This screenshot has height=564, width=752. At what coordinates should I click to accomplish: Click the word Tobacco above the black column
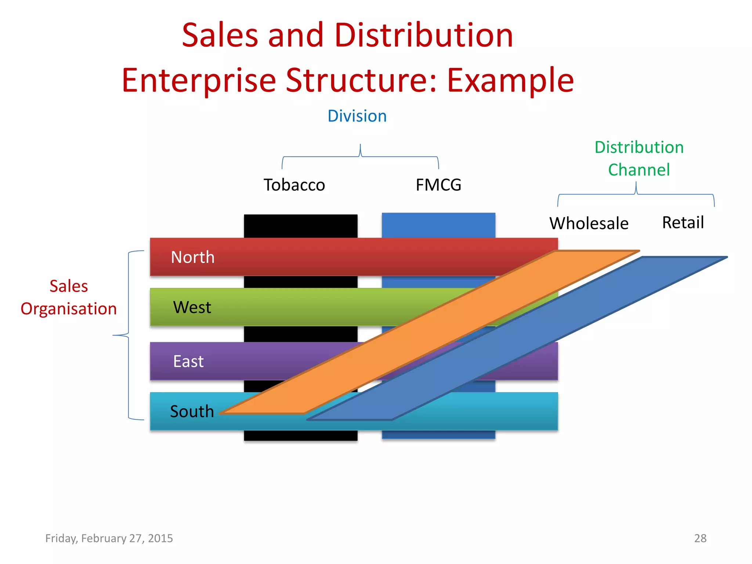(294, 185)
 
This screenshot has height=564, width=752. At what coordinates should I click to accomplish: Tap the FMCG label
(438, 185)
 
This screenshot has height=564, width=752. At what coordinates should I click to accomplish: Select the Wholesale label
(589, 223)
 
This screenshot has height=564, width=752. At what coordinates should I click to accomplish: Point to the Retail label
(683, 223)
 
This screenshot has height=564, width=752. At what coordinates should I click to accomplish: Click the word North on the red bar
(193, 257)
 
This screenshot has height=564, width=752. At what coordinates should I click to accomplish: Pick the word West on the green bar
(192, 307)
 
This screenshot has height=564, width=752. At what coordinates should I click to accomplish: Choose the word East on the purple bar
(188, 361)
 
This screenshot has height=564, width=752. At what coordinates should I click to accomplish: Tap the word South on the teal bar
(192, 411)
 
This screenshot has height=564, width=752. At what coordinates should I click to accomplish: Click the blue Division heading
(357, 116)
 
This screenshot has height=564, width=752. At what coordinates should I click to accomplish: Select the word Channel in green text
(639, 170)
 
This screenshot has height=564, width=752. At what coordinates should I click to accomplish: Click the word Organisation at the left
(69, 309)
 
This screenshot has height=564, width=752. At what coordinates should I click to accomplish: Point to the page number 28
(700, 538)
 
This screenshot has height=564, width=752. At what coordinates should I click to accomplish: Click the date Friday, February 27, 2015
(109, 538)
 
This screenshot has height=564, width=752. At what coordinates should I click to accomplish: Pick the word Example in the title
(510, 80)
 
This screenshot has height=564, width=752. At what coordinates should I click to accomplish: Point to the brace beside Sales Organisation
(129, 335)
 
